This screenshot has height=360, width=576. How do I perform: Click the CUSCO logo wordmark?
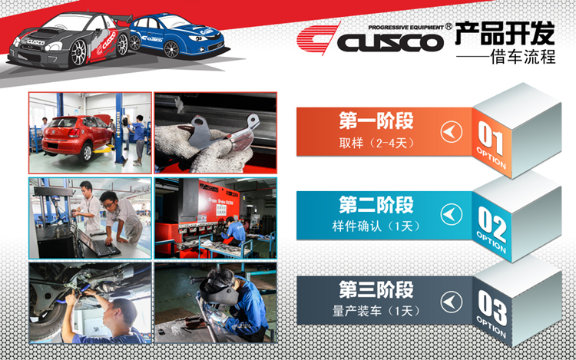click(x=390, y=42)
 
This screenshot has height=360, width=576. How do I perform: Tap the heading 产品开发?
click(x=505, y=33)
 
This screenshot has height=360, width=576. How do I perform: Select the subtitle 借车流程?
click(x=523, y=57)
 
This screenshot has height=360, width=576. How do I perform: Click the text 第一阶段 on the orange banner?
click(x=376, y=121)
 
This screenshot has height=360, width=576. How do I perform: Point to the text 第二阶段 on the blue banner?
click(x=376, y=205)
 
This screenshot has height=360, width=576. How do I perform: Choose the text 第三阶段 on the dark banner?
click(x=376, y=290)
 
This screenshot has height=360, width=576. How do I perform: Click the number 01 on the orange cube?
click(x=491, y=137)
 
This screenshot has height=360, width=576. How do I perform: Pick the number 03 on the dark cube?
click(x=492, y=308)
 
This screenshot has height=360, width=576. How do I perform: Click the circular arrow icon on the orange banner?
click(x=452, y=132)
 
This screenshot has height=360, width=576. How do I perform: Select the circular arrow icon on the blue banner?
click(x=452, y=215)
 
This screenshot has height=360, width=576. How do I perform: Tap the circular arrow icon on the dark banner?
click(x=452, y=302)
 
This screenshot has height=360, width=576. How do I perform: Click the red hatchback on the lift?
click(x=77, y=136)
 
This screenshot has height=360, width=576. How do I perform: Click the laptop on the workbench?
click(x=99, y=244)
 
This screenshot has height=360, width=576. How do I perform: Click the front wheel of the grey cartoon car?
click(x=78, y=53)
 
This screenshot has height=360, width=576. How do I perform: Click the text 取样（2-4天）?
click(x=376, y=143)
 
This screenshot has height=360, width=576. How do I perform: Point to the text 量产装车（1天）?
click(x=376, y=311)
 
